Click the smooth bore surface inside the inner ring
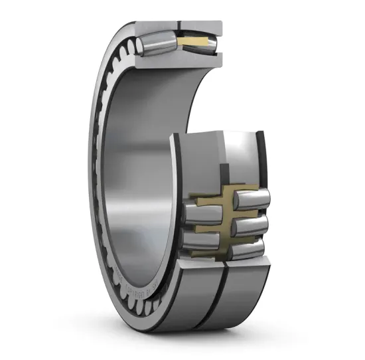(x=143, y=166)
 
